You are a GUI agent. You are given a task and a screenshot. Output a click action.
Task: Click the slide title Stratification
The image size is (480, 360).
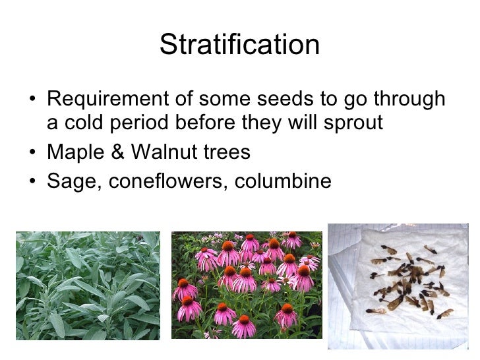(239, 45)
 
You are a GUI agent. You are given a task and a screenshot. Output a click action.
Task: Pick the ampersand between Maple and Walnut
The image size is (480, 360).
(119, 153)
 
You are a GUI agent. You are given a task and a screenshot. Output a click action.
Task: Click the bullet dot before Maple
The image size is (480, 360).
(34, 154)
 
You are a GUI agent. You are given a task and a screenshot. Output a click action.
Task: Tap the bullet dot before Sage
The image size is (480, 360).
(34, 181)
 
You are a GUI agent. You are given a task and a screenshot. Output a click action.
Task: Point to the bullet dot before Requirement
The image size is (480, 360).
(34, 100)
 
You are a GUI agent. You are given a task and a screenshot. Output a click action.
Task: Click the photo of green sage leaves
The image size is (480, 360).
(88, 285)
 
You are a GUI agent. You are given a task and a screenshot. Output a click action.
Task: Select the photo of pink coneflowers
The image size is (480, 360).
(247, 285)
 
